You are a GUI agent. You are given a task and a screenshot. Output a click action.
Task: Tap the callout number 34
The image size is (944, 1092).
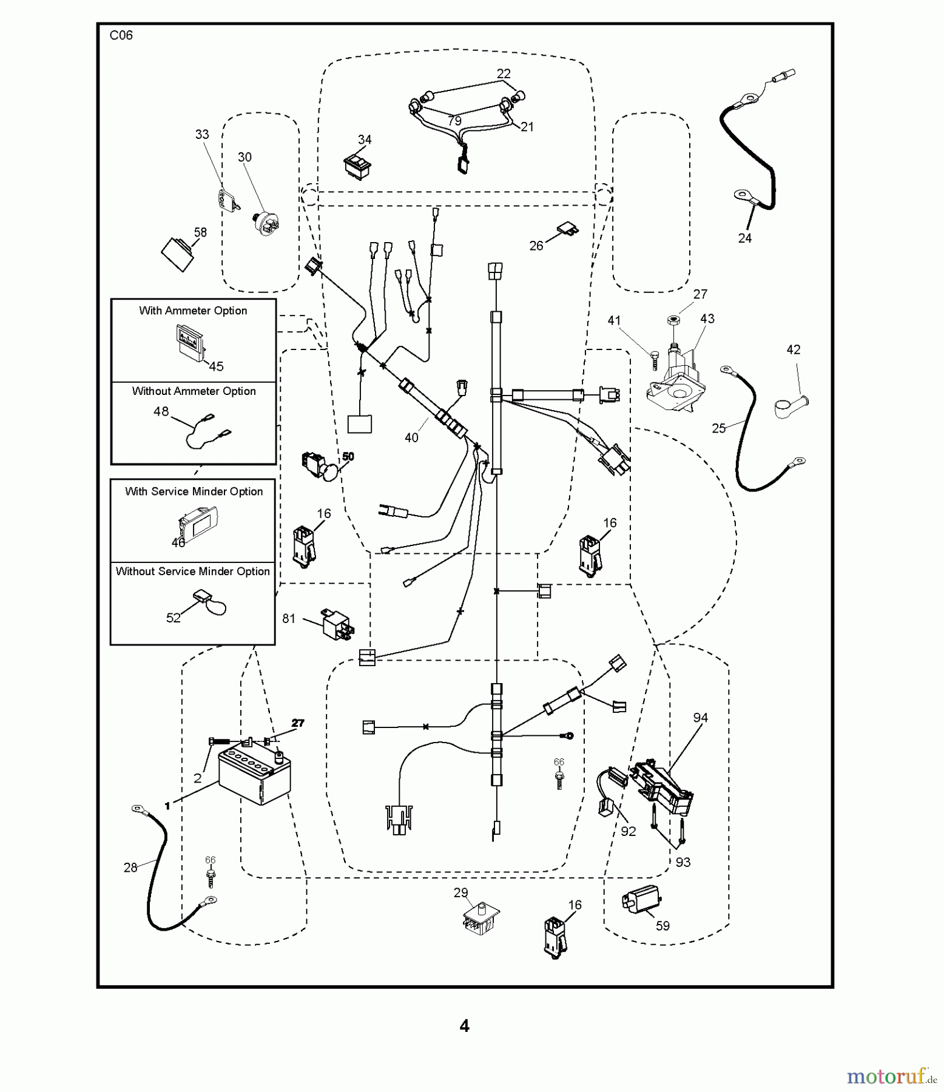(365, 140)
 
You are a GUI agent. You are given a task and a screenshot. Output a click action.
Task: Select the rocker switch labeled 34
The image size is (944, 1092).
(358, 164)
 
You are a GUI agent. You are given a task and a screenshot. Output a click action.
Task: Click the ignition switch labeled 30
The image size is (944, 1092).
(266, 221)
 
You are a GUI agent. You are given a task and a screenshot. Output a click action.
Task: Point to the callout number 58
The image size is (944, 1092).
(200, 232)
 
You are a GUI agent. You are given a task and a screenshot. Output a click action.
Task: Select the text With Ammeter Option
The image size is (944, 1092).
(193, 311)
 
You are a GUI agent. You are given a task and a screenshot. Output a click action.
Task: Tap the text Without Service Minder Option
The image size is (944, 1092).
(193, 571)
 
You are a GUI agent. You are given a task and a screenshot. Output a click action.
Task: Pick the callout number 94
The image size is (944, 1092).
(701, 718)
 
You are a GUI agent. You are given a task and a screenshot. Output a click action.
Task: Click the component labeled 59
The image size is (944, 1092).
(641, 899)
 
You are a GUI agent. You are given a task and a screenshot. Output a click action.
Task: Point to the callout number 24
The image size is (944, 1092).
(745, 238)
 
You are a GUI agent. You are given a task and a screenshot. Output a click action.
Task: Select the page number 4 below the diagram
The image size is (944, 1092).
(464, 1026)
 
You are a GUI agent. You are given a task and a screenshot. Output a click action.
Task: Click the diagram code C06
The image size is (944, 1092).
(121, 35)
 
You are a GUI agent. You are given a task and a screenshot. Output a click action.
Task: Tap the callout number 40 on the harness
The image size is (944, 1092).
(411, 437)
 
